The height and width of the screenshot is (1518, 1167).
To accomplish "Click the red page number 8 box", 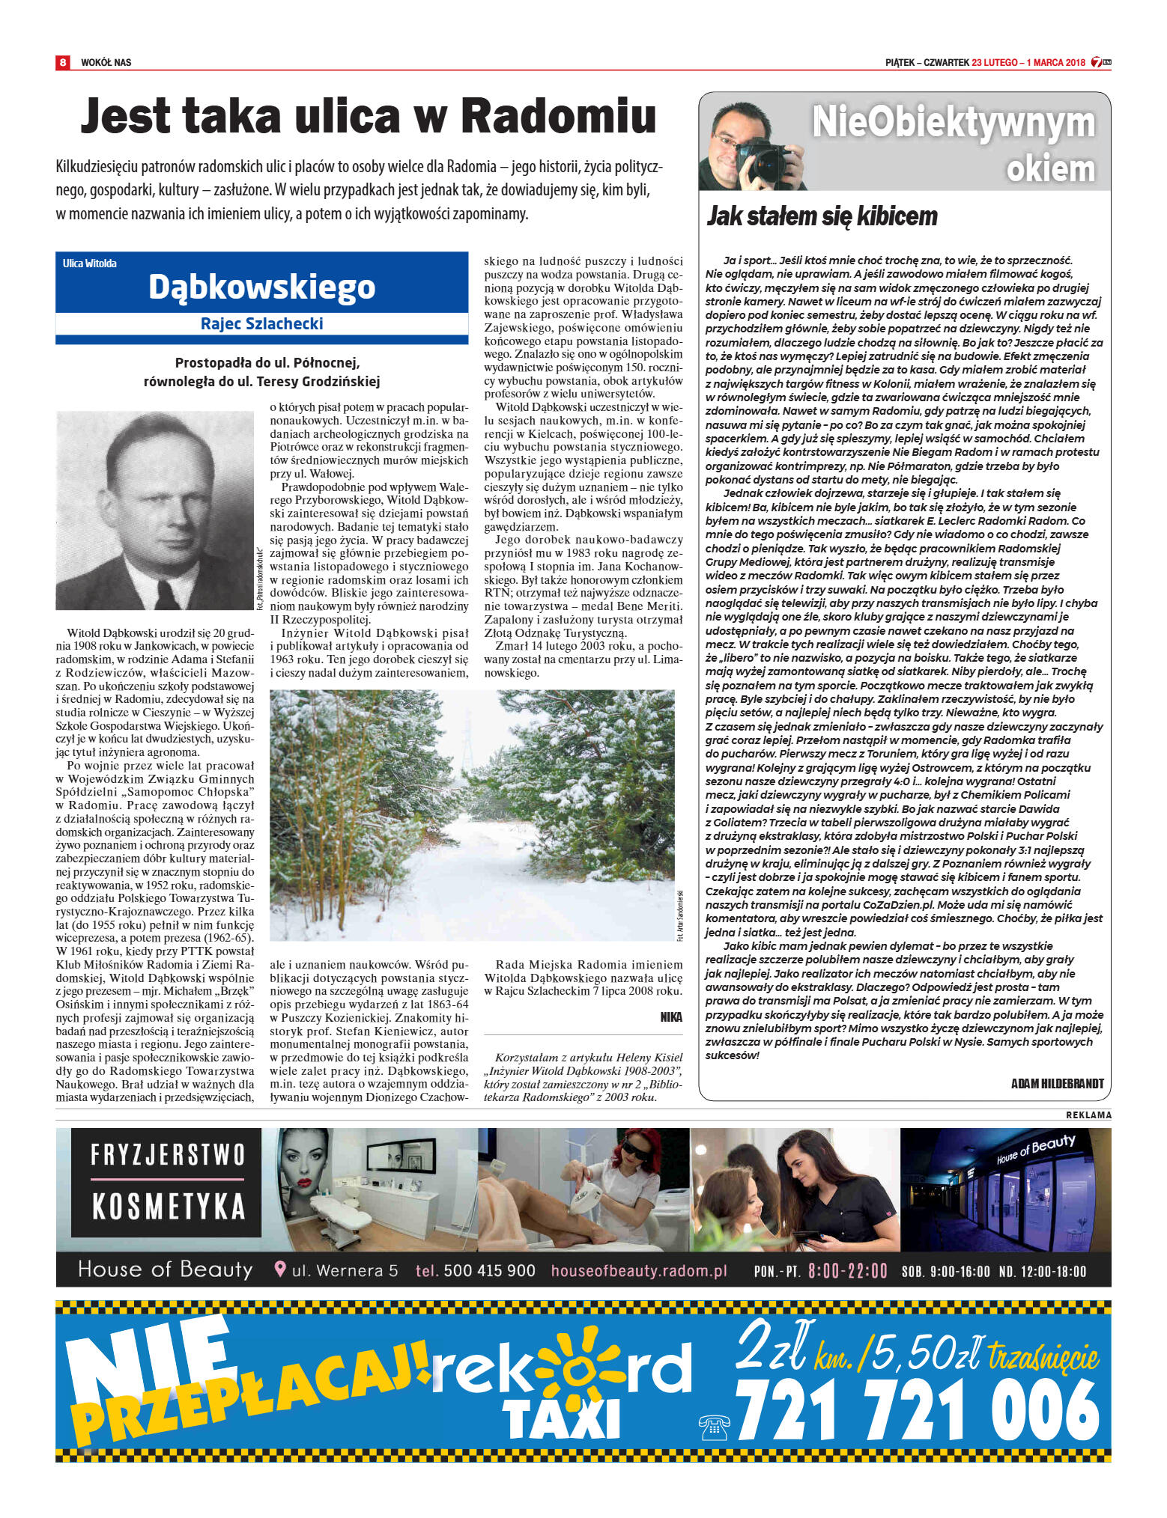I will [x=63, y=62].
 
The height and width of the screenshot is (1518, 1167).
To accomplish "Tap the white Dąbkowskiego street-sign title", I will [x=261, y=287].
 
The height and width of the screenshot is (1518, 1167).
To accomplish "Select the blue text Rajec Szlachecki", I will [x=261, y=323].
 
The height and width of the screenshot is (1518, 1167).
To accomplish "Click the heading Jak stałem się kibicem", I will [x=822, y=216].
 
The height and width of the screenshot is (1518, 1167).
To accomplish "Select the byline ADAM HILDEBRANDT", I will [x=1057, y=1083].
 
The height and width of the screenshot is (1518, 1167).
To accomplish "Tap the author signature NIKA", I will [x=671, y=1016].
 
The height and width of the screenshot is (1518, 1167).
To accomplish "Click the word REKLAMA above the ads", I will [x=1088, y=1115].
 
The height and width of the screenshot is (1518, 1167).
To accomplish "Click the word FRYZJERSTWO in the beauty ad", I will [x=168, y=1154].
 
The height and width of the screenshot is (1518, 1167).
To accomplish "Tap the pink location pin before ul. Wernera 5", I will [x=280, y=1269].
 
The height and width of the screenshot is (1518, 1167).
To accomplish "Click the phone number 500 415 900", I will [x=489, y=1270].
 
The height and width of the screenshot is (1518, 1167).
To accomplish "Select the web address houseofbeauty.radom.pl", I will [x=639, y=1270].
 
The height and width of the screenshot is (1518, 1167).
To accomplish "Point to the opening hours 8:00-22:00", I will [x=847, y=1271].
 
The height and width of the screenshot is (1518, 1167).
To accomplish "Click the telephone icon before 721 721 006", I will [x=713, y=1427].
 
